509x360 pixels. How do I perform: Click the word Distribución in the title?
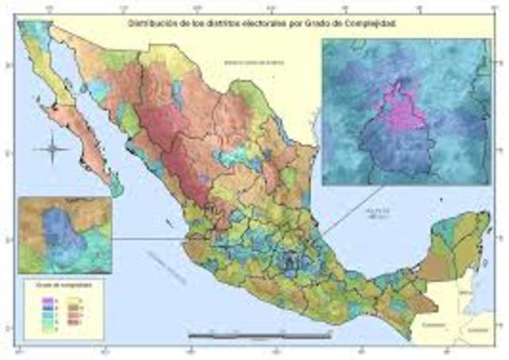[150, 24]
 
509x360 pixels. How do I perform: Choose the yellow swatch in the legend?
[80, 296]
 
